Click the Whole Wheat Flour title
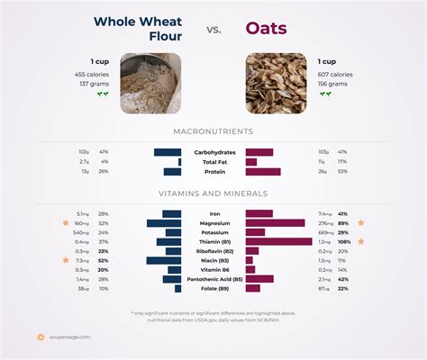coord(139,29)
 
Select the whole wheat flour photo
coord(150,83)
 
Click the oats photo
coord(276,83)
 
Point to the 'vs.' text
coord(213,30)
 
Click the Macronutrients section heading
coord(213,131)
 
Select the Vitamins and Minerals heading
coord(213,193)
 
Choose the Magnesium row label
coord(213,223)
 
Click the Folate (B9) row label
coord(213,288)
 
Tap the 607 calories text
coord(334,74)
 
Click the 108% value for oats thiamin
coord(343,241)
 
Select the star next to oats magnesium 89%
coord(361,222)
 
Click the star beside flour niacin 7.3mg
coord(65,260)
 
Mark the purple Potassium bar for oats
coord(256,232)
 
